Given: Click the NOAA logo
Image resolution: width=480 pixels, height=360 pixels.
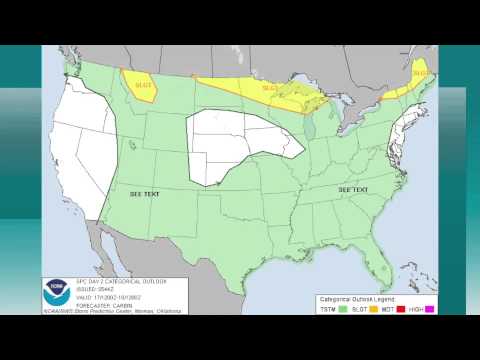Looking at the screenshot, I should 55,294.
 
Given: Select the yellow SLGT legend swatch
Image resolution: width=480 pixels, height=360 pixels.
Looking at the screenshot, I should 374,309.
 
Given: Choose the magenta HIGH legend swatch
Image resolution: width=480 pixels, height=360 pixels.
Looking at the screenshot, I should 430,309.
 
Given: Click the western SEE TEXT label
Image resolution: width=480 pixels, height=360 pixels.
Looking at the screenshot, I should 145,193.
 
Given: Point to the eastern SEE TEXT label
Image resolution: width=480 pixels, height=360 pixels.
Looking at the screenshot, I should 353,189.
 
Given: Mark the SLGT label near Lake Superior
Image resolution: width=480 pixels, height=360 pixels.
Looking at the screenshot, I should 270,88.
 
